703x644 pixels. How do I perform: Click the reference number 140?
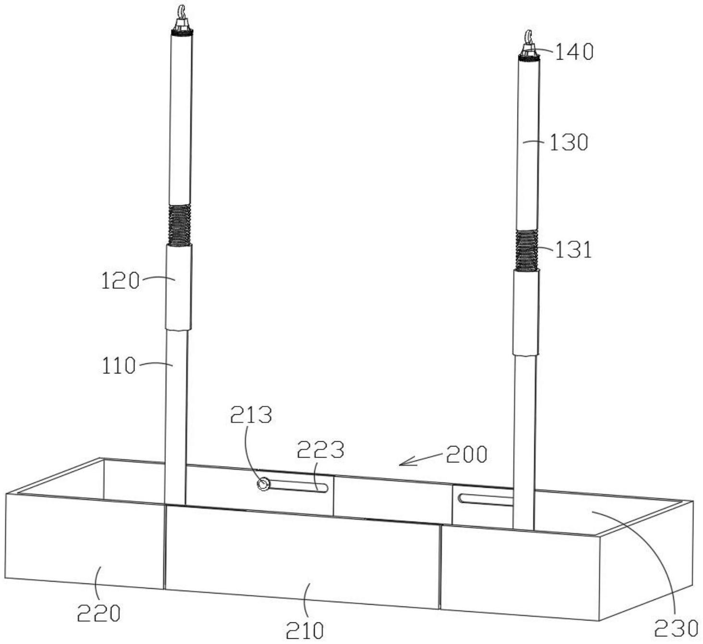point(574,52)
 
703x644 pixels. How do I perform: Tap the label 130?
point(568,143)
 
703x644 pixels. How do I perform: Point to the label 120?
point(120,282)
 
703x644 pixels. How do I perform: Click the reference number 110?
point(119,366)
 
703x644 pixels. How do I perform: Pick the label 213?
point(251,415)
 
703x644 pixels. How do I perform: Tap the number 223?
point(321,450)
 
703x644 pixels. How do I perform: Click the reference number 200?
point(467,455)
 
